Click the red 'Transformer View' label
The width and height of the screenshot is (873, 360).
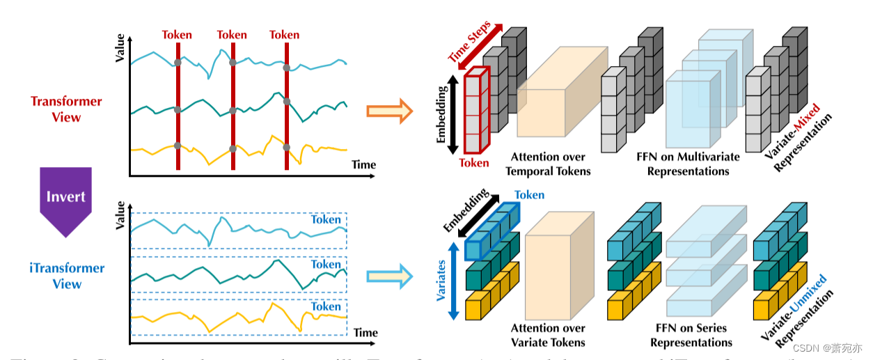pyautogui.click(x=66, y=109)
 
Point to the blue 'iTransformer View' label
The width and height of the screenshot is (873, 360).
pyautogui.click(x=66, y=276)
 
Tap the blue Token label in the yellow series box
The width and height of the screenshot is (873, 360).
pyautogui.click(x=326, y=306)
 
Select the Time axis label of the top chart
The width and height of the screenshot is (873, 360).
pyautogui.click(x=363, y=165)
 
